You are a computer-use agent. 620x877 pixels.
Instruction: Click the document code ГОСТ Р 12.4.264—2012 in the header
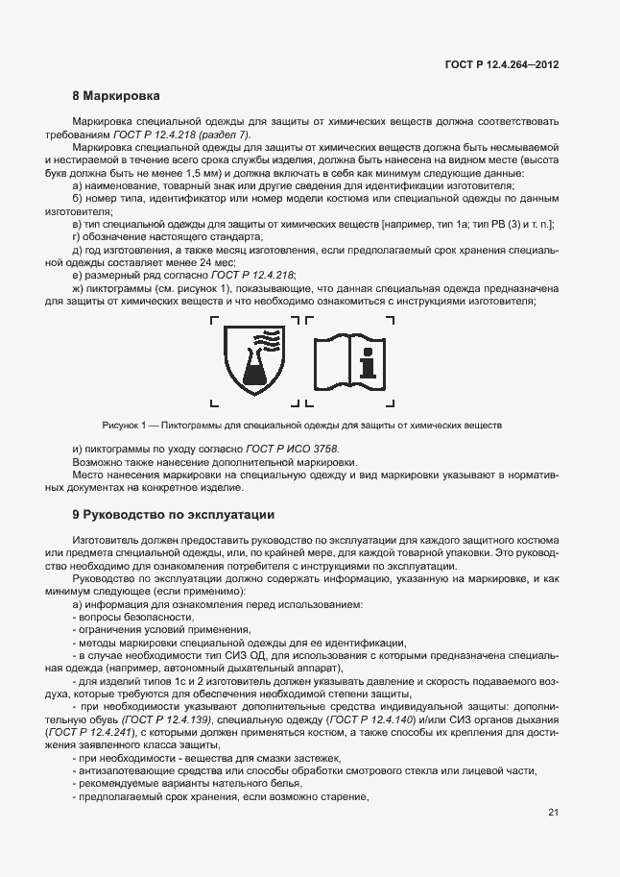click(x=501, y=63)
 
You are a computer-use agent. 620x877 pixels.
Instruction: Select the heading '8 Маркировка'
click(x=116, y=96)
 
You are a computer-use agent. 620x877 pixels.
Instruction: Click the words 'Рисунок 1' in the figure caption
click(x=123, y=425)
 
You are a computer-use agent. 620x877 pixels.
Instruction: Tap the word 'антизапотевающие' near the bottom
click(x=123, y=770)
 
